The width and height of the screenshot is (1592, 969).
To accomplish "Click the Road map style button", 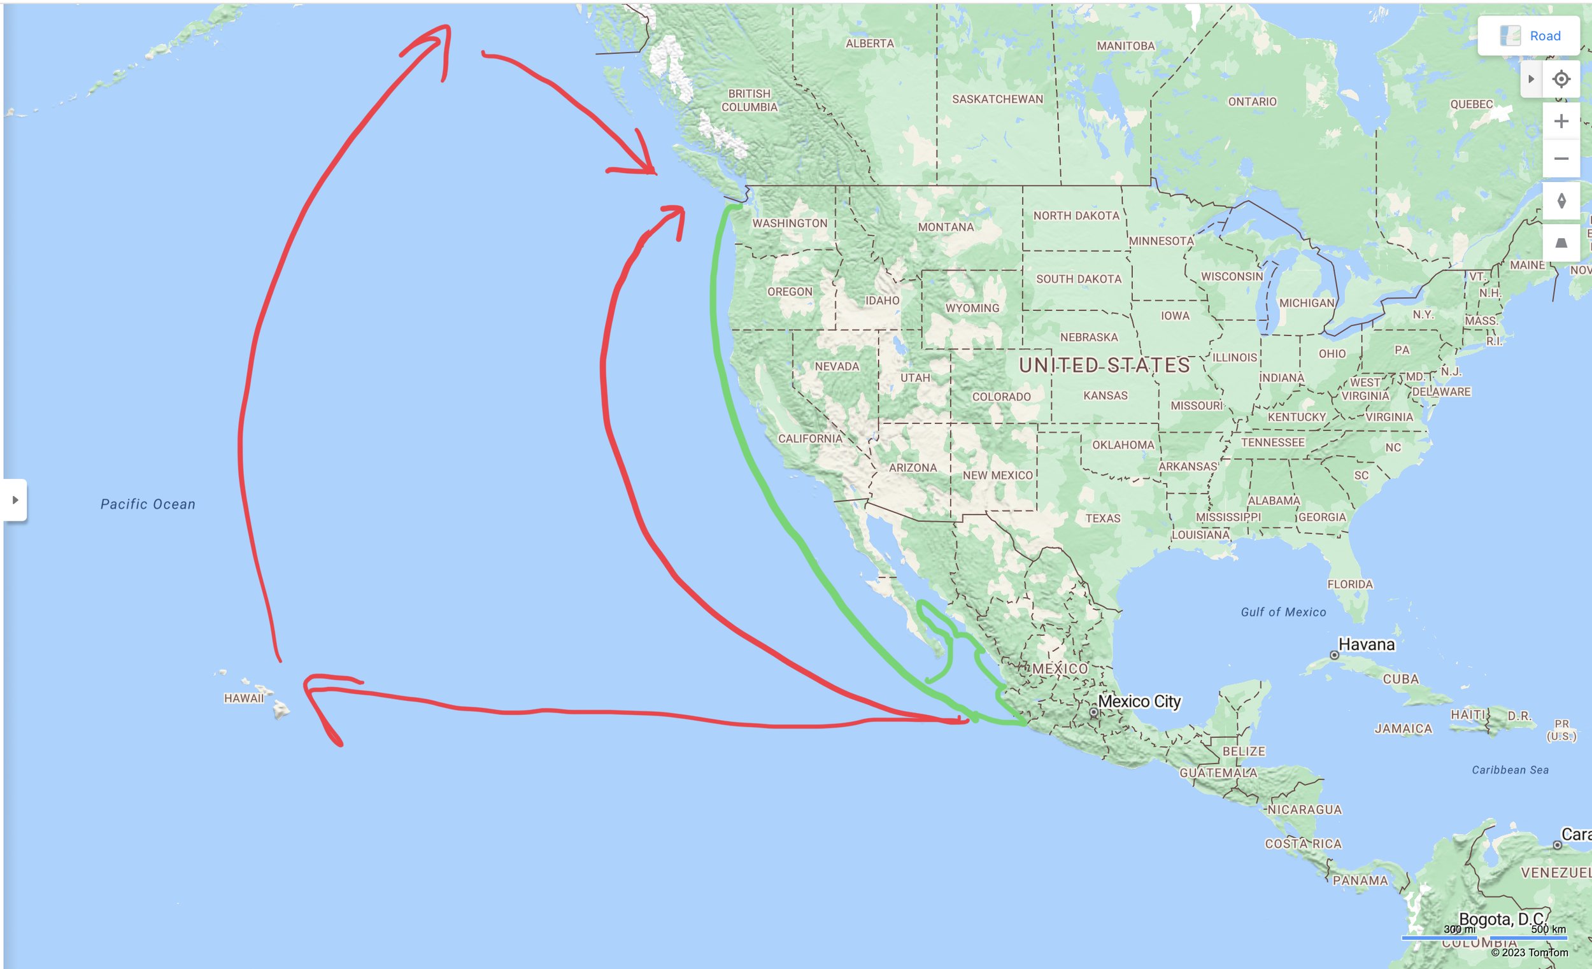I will pos(1529,36).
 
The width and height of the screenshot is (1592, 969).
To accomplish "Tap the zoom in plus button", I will pos(1561,122).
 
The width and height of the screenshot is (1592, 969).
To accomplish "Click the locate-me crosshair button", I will pos(1561,80).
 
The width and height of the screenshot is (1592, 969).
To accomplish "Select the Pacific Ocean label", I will pos(148,504).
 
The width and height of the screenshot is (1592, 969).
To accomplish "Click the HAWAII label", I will pos(244,698).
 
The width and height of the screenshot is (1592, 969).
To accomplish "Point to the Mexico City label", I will pos(1139,702).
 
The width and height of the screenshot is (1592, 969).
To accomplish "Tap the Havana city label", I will pos(1366,645).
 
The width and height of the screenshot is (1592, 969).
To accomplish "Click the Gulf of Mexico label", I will pos(1283,612).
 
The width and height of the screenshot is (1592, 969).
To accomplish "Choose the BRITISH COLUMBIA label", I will pos(750,101).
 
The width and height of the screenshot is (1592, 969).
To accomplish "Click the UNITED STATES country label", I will pos(1104,365).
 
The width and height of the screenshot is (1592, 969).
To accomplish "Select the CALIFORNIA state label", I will pos(809,439).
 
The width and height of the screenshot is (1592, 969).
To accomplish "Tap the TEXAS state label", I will pos(1103,518).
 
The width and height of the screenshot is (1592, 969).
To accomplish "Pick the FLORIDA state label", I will pos(1350,584).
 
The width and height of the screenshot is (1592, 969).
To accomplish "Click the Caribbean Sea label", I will pos(1510,770).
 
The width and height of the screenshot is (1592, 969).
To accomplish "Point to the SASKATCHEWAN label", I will pos(998,99).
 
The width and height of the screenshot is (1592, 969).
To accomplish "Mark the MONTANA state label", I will pos(946,227).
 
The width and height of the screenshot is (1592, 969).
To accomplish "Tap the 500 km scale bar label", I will pos(1548,930).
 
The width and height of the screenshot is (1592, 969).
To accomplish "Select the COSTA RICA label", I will pos(1303,844).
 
